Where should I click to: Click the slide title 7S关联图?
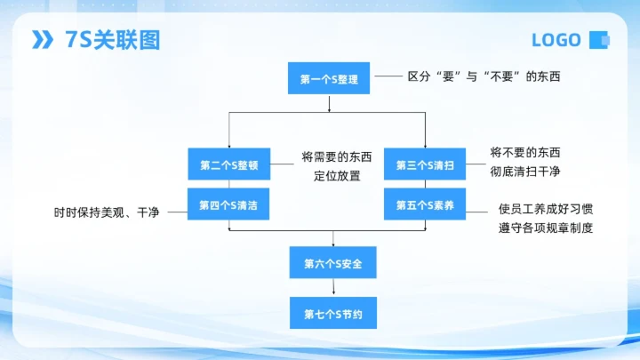[x=113, y=40]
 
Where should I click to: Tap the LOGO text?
[x=556, y=40]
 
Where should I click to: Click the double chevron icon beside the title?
[x=43, y=40]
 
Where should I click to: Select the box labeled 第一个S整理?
[x=329, y=79]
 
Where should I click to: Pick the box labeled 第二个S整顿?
[x=228, y=165]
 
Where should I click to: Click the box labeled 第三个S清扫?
[x=425, y=165]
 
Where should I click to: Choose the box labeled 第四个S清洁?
[x=228, y=205]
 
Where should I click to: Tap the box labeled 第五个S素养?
[x=425, y=205]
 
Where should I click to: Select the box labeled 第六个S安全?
[x=333, y=263]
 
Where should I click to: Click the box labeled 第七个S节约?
[x=333, y=313]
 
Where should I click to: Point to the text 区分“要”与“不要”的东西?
[x=484, y=77]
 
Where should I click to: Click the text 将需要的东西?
[x=337, y=157]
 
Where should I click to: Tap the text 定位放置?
[x=337, y=175]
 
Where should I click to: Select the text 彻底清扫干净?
[x=525, y=171]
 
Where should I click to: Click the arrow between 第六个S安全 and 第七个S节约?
[x=333, y=288]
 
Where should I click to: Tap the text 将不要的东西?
[x=525, y=152]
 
